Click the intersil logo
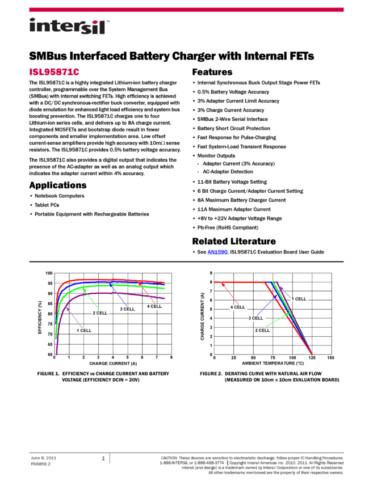(69, 27)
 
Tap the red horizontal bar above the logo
(186, 10)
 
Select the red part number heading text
(55, 72)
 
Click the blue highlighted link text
(217, 252)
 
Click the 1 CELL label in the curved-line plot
(85, 331)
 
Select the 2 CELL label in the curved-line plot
(100, 313)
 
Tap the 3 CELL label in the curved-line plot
(128, 309)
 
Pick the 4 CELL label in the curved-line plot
(154, 306)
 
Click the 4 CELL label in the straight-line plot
(238, 307)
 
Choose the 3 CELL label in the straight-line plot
(256, 318)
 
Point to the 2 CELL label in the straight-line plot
(263, 330)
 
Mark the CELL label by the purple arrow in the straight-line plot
(300, 299)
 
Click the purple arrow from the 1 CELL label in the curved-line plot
(73, 318)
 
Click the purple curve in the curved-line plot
(114, 293)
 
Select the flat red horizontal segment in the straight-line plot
(238, 282)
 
